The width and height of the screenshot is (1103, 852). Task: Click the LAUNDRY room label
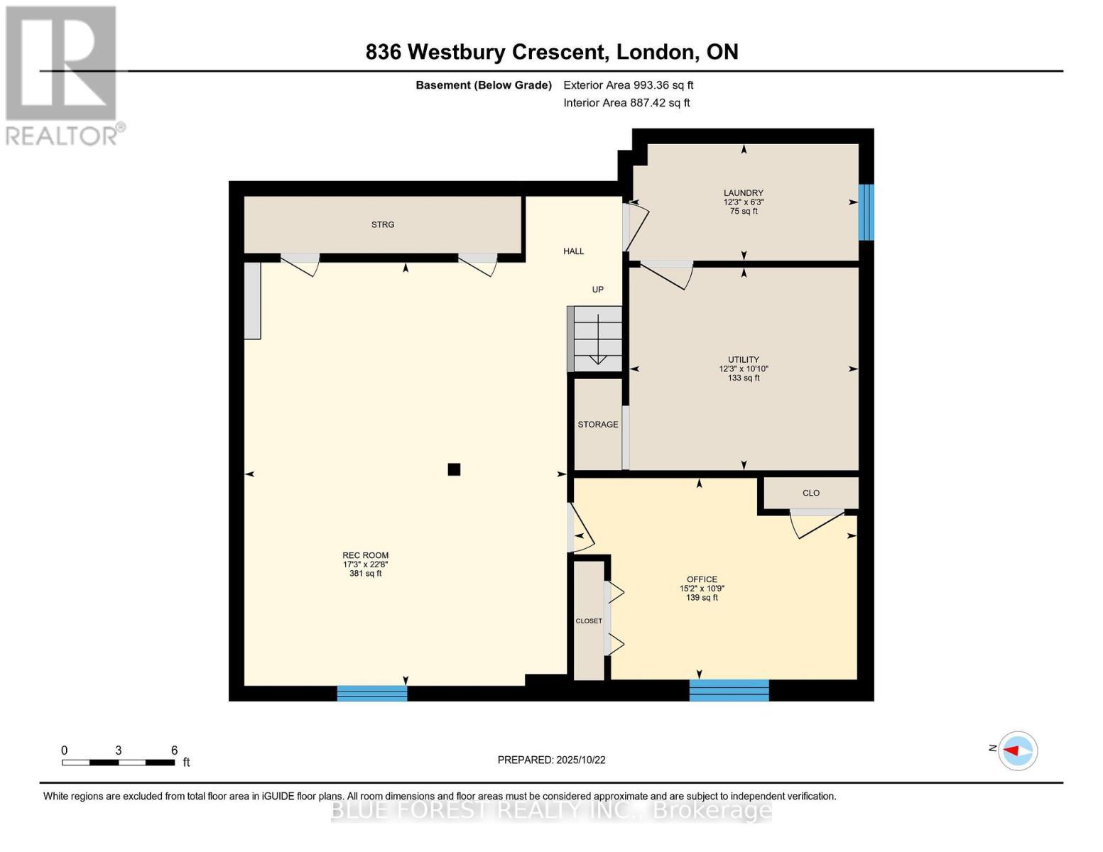click(x=743, y=193)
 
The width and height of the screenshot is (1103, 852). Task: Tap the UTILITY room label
click(x=743, y=359)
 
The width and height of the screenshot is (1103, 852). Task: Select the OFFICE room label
click(x=702, y=579)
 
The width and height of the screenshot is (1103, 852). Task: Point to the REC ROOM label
click(x=365, y=555)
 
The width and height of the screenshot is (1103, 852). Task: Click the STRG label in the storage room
click(x=382, y=224)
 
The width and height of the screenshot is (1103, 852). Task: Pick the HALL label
click(x=573, y=251)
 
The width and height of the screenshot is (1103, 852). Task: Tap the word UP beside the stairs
click(x=597, y=289)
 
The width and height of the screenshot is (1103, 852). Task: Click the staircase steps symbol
click(x=594, y=339)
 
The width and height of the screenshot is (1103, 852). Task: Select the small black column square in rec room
click(x=454, y=469)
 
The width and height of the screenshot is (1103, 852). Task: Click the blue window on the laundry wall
click(x=866, y=212)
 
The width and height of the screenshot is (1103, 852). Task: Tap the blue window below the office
click(x=729, y=690)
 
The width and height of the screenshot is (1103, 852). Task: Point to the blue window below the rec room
click(x=372, y=693)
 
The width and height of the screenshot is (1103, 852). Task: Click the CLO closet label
click(x=810, y=493)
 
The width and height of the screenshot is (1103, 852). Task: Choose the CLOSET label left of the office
click(x=589, y=621)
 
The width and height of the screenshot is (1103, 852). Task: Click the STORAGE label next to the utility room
click(x=597, y=424)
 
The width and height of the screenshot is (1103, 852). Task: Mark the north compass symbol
click(x=1017, y=750)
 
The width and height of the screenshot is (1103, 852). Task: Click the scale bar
click(x=119, y=762)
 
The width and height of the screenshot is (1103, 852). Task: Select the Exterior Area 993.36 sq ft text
click(x=628, y=84)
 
